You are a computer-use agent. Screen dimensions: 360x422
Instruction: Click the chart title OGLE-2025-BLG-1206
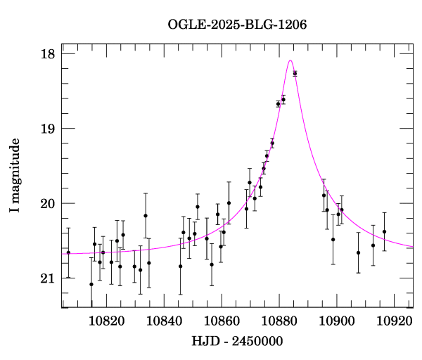(x=237, y=25)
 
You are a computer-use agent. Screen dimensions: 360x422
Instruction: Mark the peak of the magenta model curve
(x=290, y=60)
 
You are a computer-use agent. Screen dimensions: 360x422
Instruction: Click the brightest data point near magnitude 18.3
(x=295, y=73)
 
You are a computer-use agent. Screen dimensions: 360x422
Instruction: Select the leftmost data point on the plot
(x=68, y=252)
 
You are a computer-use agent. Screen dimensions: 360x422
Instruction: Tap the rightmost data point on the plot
(x=385, y=231)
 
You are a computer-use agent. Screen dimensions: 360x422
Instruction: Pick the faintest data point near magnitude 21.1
(x=91, y=284)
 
